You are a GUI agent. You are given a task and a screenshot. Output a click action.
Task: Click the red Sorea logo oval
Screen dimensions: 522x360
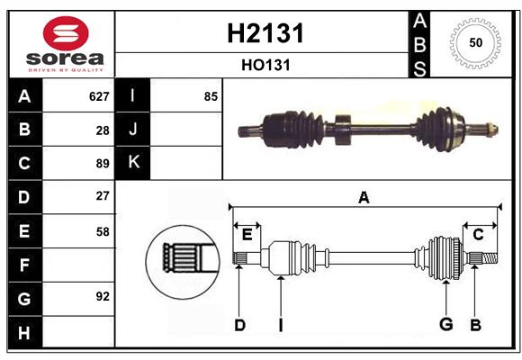[x=66, y=33]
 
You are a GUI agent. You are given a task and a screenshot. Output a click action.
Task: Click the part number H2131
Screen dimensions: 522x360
[x=265, y=33]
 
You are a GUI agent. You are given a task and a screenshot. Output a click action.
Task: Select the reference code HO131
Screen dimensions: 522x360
[x=265, y=66]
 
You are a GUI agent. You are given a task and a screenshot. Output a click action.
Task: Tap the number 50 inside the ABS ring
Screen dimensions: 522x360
[x=476, y=42]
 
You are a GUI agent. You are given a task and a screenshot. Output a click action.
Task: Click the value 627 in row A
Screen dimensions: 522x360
[x=99, y=96]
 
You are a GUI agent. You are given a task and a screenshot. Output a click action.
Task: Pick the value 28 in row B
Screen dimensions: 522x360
[x=103, y=130]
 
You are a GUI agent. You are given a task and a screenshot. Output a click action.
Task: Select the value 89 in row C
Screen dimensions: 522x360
[x=103, y=164]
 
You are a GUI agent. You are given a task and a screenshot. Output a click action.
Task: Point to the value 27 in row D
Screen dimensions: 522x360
[x=103, y=196]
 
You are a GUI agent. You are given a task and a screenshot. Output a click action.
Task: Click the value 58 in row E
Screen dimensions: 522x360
[x=103, y=231]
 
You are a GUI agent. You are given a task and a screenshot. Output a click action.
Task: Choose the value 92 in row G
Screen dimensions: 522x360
[x=103, y=296]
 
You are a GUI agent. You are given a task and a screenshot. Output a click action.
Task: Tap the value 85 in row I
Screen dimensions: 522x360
[x=211, y=96]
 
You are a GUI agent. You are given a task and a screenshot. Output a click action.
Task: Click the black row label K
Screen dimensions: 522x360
[x=132, y=162]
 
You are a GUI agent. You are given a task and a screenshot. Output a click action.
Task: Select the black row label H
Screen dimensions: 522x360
[x=25, y=332]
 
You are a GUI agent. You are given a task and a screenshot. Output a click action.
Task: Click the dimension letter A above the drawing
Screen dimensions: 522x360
[x=364, y=197]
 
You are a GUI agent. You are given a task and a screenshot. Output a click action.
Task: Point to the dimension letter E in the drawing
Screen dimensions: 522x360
[x=247, y=234]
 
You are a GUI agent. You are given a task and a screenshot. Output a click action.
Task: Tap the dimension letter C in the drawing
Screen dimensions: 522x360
[x=478, y=235]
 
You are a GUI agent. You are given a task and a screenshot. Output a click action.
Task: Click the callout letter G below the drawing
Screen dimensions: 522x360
[x=446, y=324]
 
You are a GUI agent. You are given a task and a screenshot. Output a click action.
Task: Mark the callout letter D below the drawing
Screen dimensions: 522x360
[x=239, y=325]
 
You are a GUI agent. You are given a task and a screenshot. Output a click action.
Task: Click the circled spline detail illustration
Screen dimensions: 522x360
[x=183, y=262]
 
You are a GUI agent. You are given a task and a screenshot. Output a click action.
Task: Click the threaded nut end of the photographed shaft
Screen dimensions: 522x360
[x=492, y=129]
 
